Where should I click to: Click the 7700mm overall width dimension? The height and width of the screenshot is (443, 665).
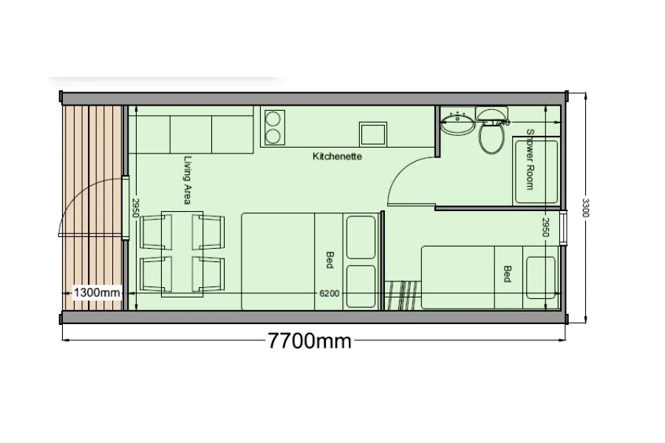click(x=310, y=340)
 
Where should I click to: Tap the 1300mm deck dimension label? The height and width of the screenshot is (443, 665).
click(x=97, y=292)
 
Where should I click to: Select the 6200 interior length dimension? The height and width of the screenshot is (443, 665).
click(x=329, y=293)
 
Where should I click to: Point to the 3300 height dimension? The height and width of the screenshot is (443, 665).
click(x=585, y=207)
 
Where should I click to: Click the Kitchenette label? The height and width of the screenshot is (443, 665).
click(x=337, y=157)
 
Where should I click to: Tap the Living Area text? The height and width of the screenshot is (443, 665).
click(x=188, y=180)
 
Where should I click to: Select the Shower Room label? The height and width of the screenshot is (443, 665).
click(x=530, y=159)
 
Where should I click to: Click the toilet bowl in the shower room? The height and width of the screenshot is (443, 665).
click(x=491, y=138)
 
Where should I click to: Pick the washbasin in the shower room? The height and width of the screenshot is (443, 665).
click(x=457, y=123)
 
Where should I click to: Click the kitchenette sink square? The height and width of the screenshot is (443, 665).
click(x=373, y=134)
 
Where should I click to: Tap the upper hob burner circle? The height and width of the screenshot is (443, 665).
click(x=273, y=118)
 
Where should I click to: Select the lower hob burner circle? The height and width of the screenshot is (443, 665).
click(x=273, y=136)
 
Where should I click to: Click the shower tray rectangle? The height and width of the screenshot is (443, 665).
click(x=536, y=171)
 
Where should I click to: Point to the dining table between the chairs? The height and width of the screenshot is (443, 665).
click(x=182, y=254)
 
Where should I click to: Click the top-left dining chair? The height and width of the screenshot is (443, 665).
click(x=156, y=232)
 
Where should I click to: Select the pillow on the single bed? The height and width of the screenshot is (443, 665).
click(x=541, y=278)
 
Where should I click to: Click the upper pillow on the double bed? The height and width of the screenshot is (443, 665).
click(x=361, y=238)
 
